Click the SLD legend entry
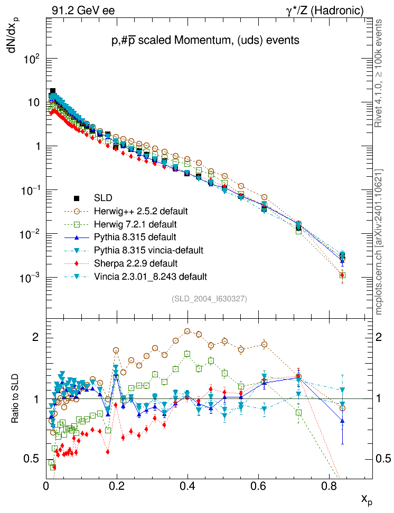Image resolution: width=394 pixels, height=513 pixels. tap(103, 198)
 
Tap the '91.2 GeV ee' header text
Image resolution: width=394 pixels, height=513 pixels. tap(83, 10)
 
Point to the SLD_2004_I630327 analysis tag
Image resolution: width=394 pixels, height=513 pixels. tap(209, 299)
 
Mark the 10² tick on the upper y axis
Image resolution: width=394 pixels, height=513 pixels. tap(33, 59)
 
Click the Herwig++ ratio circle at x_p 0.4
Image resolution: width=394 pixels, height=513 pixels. tap(187, 331)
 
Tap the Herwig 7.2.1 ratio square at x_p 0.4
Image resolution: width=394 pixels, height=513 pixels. tap(187, 354)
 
